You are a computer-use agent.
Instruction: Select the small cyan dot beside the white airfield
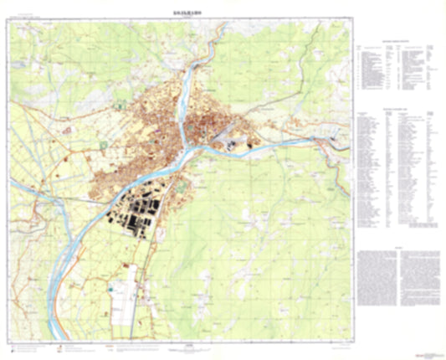click(110, 288)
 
